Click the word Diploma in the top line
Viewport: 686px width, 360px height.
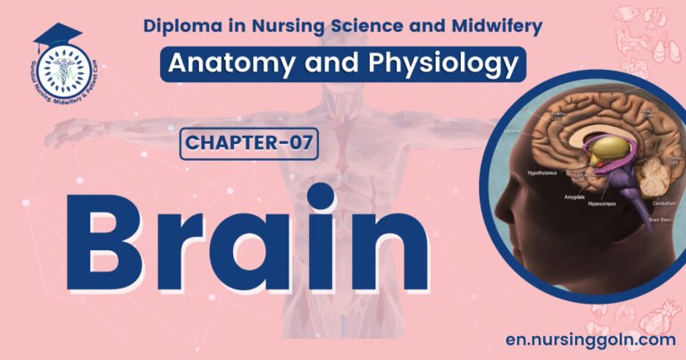point(182,27)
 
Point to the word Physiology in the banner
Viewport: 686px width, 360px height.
point(439,64)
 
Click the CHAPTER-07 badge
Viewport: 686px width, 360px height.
point(249,142)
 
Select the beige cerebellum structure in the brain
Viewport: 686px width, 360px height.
point(662,179)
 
